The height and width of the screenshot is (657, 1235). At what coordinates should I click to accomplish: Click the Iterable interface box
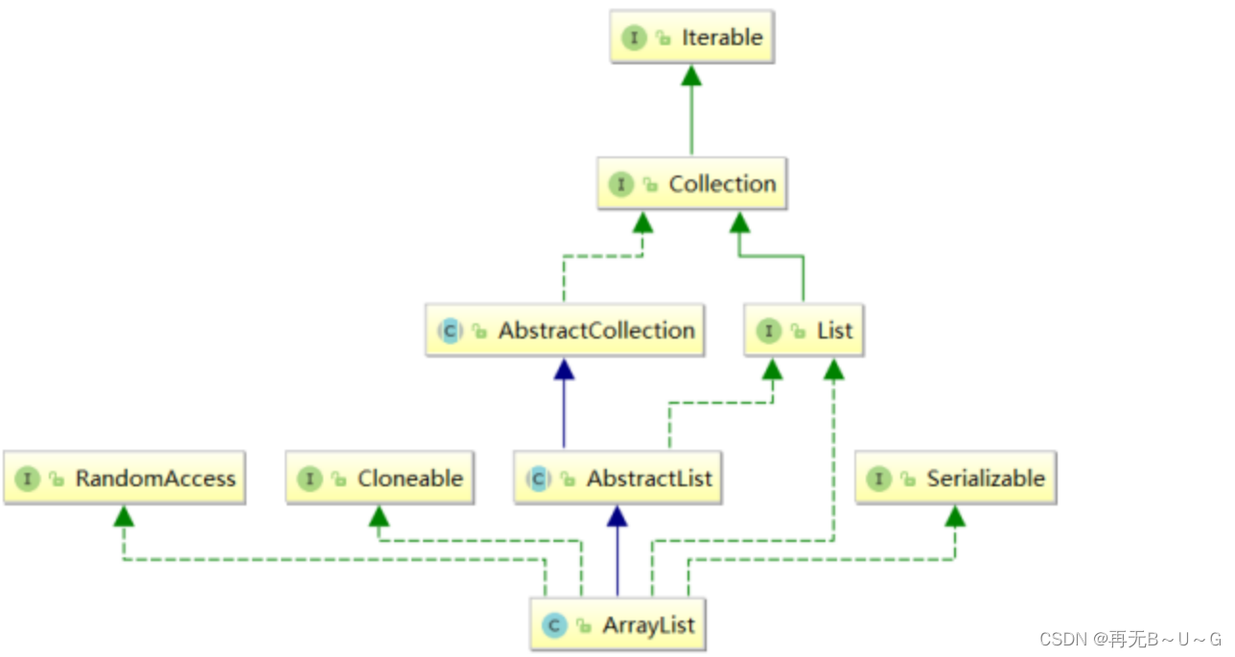[692, 37]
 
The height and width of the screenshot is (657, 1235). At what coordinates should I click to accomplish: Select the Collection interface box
[692, 184]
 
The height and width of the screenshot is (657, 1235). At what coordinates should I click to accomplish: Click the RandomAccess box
[126, 478]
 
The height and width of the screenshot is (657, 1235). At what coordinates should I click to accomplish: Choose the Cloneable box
[379, 478]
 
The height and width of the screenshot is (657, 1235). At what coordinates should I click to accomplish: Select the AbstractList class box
[618, 478]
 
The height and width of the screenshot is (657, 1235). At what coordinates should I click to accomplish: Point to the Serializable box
[957, 478]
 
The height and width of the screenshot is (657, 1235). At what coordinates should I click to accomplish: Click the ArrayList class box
[618, 625]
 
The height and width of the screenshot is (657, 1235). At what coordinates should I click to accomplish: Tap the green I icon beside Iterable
[633, 38]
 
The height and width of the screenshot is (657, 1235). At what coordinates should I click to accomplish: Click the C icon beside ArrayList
[552, 626]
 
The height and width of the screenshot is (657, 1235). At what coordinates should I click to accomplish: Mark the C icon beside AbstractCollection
[450, 331]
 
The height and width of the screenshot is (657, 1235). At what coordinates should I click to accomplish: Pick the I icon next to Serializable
[878, 479]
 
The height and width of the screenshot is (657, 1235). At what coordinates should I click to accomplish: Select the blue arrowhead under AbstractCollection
[564, 369]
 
